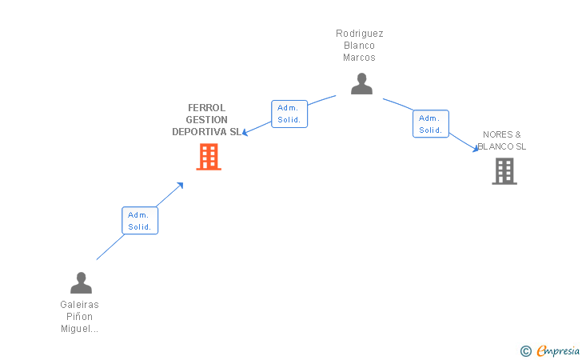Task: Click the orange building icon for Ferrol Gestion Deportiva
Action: pyautogui.click(x=209, y=157)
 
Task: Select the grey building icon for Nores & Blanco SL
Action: pyautogui.click(x=504, y=171)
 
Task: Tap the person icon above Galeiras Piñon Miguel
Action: pyautogui.click(x=81, y=282)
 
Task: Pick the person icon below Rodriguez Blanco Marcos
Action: pyautogui.click(x=361, y=83)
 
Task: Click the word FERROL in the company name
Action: pyautogui.click(x=207, y=108)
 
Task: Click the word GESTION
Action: pyautogui.click(x=207, y=120)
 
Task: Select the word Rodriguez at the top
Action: pyautogui.click(x=359, y=34)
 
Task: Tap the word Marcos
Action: pyautogui.click(x=359, y=58)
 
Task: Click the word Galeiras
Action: pyautogui.click(x=80, y=305)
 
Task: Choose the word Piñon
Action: pyautogui.click(x=80, y=317)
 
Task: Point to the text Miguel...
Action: pyautogui.click(x=78, y=329)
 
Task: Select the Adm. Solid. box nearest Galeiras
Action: pyautogui.click(x=140, y=221)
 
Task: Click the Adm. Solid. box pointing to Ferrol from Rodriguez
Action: pyautogui.click(x=289, y=114)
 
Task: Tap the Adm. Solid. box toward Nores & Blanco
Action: pyautogui.click(x=430, y=124)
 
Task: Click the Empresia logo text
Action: pyautogui.click(x=557, y=350)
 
